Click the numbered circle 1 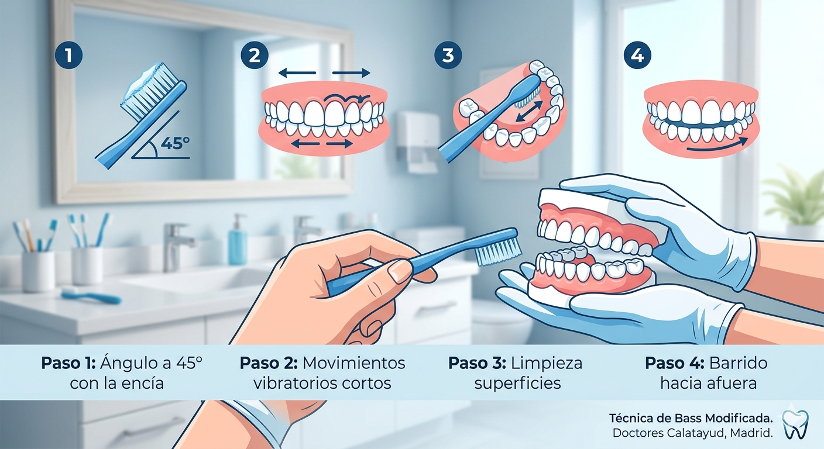68,56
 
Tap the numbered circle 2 255,56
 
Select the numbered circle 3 448,56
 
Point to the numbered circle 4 637,56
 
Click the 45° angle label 176,143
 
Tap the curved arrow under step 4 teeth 717,146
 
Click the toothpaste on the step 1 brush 143,81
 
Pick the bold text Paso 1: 68,363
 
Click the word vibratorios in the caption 294,384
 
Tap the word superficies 517,384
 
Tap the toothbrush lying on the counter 91,296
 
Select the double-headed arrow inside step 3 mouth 530,111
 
